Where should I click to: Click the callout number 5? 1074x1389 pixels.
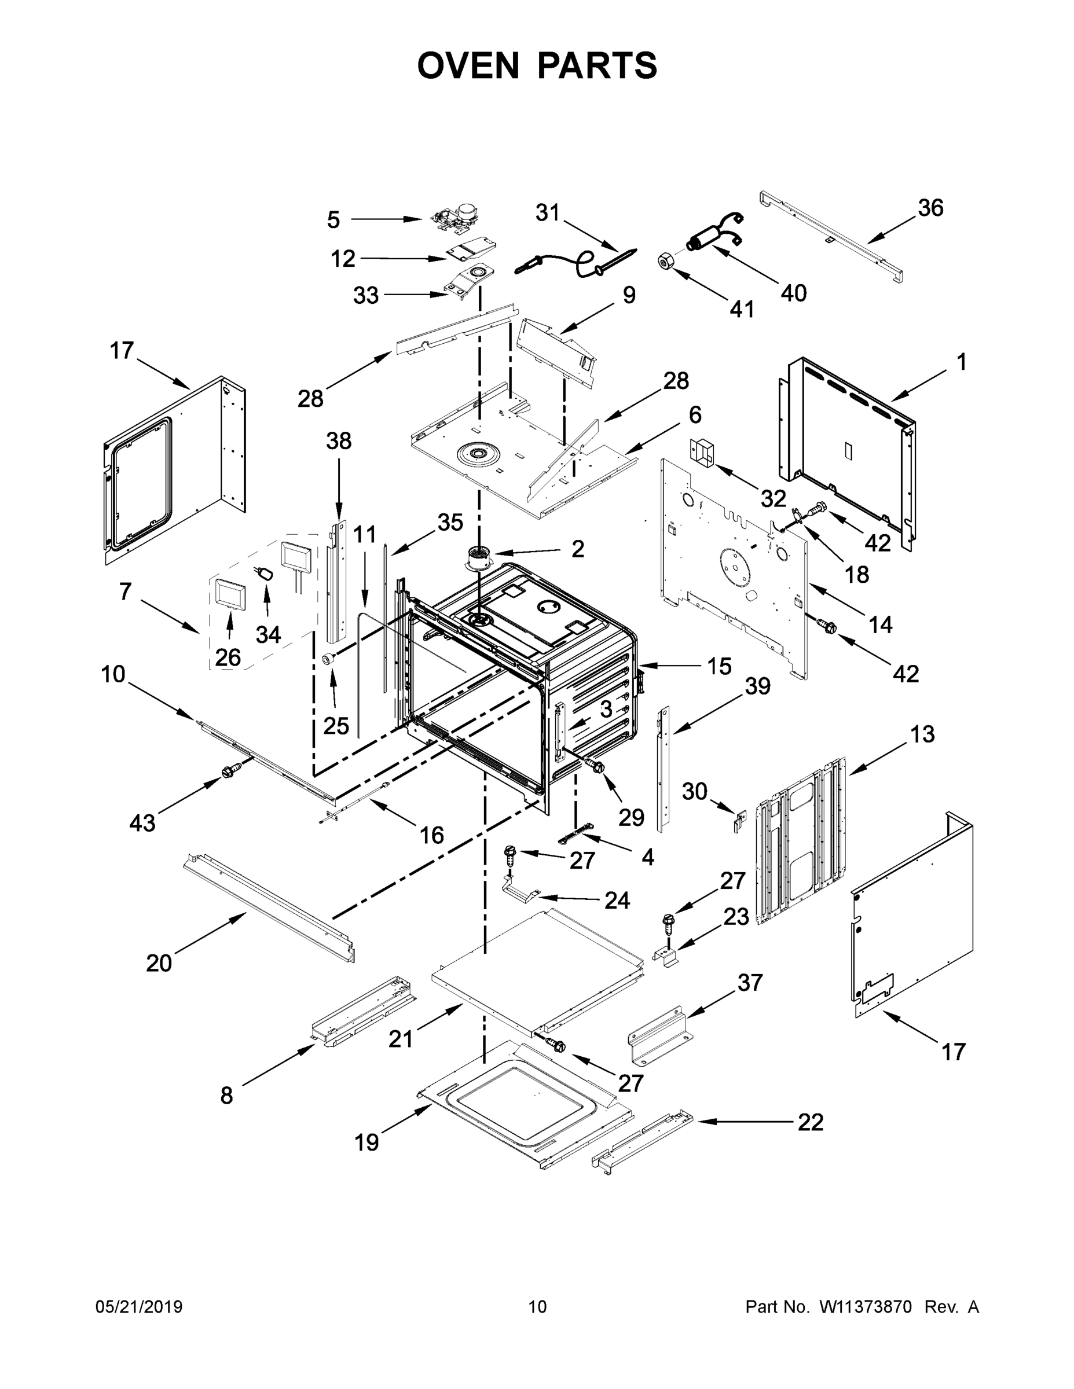(x=333, y=220)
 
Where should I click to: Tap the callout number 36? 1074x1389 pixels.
(x=930, y=208)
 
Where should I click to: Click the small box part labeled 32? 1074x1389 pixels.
(x=702, y=451)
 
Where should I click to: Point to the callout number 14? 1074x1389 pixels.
(x=881, y=625)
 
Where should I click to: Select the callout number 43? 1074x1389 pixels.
(x=142, y=823)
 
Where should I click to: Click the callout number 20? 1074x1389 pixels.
(x=159, y=964)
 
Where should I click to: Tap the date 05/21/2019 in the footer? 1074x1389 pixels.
(x=139, y=1306)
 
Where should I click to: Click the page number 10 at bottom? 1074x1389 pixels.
(x=537, y=1306)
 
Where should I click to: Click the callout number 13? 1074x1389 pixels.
(x=922, y=734)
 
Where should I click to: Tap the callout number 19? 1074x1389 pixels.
(x=366, y=1142)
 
